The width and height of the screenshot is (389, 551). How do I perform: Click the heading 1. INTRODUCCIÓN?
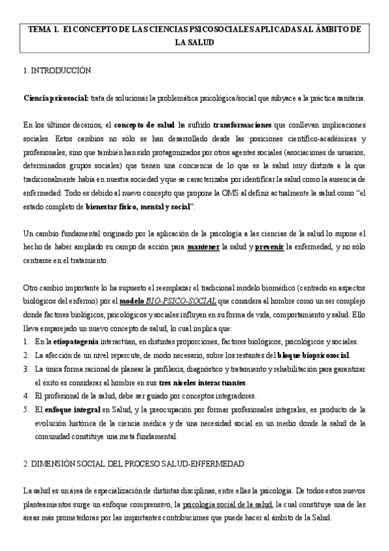pos(56,70)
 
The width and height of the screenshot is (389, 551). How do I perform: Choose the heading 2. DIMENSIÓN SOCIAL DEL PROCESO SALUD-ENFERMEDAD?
pos(133,464)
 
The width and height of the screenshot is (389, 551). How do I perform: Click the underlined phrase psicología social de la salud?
pos(228,504)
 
